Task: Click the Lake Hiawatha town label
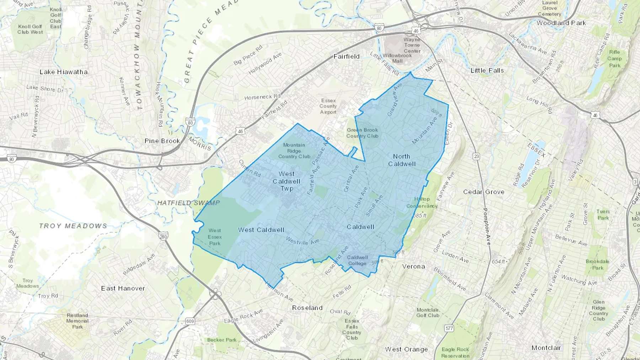click(63, 72)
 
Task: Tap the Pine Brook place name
click(162, 141)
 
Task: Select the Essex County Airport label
click(328, 106)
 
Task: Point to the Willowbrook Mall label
click(397, 58)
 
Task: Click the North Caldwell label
click(402, 160)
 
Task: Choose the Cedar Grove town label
click(484, 192)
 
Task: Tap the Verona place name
click(413, 266)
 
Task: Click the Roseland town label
click(307, 308)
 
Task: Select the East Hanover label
click(123, 288)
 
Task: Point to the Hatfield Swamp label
click(188, 203)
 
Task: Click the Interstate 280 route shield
click(163, 236)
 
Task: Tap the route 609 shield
click(190, 321)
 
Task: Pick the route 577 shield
click(449, 328)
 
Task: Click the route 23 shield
click(476, 156)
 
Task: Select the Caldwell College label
click(357, 260)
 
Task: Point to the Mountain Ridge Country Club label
click(294, 151)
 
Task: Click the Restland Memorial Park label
click(77, 321)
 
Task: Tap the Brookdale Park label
click(597, 264)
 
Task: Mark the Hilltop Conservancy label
click(422, 202)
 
